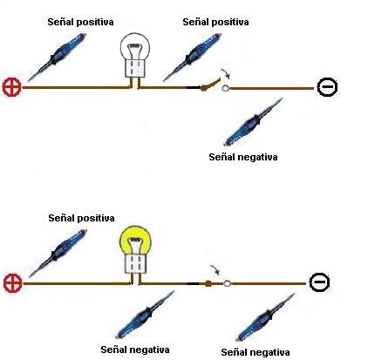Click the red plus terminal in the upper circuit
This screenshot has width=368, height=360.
pyautogui.click(x=12, y=87)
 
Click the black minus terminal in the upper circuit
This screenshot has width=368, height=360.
pyautogui.click(x=327, y=87)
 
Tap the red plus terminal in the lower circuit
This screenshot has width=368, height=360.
pyautogui.click(x=13, y=283)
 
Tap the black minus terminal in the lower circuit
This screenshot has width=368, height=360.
pyautogui.click(x=319, y=282)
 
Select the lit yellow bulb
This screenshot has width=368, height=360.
pyautogui.click(x=134, y=250)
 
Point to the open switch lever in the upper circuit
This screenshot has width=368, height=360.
pyautogui.click(x=209, y=85)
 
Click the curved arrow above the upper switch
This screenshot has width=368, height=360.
pyautogui.click(x=226, y=73)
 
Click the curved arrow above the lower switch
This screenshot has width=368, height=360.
pyautogui.click(x=215, y=269)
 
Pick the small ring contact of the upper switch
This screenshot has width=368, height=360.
pyautogui.click(x=226, y=88)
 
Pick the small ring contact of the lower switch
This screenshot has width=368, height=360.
pyautogui.click(x=228, y=283)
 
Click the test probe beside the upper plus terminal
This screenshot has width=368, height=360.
pyautogui.click(x=58, y=57)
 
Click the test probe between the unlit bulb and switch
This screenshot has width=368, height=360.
pyautogui.click(x=193, y=58)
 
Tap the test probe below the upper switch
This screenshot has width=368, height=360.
pyautogui.click(x=253, y=122)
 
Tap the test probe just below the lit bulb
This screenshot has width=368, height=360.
pyautogui.click(x=145, y=315)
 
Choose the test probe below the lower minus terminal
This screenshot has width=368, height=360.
pyautogui.click(x=266, y=317)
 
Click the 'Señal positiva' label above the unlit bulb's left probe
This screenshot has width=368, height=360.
pyautogui.click(x=80, y=22)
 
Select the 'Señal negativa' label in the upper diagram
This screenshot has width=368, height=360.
pyautogui.click(x=243, y=157)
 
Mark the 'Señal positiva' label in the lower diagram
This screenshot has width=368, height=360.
pyautogui.click(x=81, y=218)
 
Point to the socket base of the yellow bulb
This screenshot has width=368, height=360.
pyautogui.click(x=135, y=263)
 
